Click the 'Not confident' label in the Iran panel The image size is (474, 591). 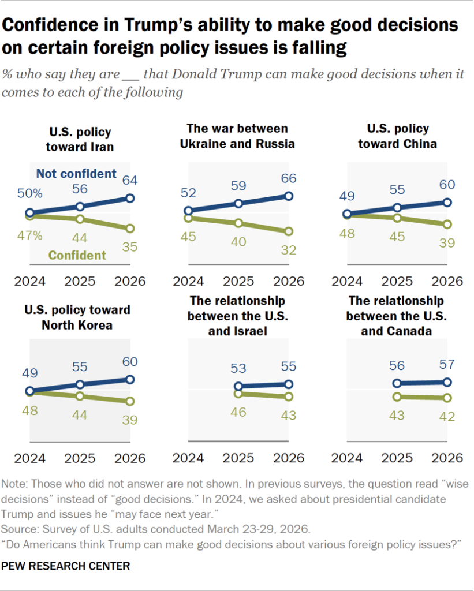click(76, 174)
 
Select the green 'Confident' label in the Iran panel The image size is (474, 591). click(77, 255)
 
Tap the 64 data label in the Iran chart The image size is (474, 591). click(130, 181)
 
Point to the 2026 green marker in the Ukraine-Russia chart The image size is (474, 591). click(289, 231)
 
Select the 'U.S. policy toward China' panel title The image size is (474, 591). click(397, 136)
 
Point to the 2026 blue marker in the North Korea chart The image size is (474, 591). click(130, 379)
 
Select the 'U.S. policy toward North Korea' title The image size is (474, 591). click(77, 317)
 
